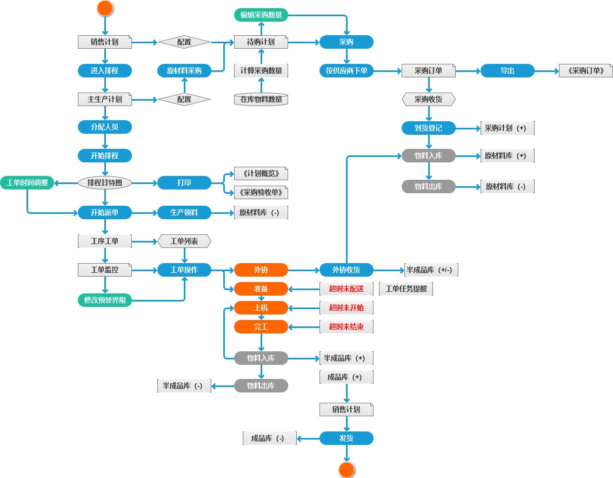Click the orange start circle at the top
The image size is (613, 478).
tap(105, 8)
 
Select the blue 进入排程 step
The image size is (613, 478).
tap(105, 70)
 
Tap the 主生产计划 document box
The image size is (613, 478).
tap(105, 99)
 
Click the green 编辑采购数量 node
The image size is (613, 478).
tap(261, 15)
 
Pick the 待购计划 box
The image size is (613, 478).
tap(261, 42)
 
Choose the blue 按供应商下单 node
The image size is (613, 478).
tap(347, 70)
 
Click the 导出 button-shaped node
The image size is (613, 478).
tap(508, 70)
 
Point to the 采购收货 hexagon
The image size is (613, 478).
tap(429, 99)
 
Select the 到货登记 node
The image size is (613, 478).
tap(429, 128)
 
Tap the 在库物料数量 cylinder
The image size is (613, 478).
tap(261, 99)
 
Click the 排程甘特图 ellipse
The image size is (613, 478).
tap(105, 182)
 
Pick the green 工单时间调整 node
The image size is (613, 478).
tap(27, 182)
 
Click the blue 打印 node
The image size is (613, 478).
tap(184, 182)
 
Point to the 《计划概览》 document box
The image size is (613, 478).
tap(261, 174)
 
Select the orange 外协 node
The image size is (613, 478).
tap(261, 270)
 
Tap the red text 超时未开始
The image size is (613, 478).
tap(347, 307)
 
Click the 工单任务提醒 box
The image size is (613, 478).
tap(406, 289)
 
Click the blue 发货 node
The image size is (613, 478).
tap(347, 438)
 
